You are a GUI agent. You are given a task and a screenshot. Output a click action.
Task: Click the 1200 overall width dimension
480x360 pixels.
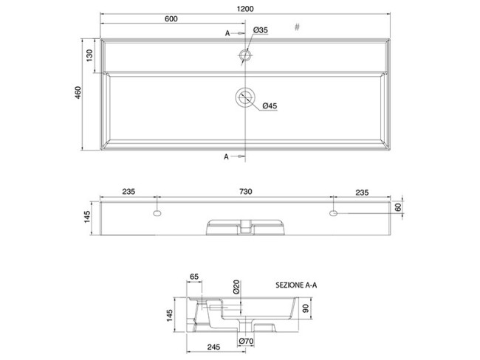pos(246,9)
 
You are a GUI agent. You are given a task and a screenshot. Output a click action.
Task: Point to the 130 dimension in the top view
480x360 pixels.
pos(89,56)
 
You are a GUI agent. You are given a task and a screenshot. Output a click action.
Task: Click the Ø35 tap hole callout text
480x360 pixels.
pos(260,30)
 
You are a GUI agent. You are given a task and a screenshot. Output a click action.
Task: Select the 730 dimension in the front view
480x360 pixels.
pos(245,192)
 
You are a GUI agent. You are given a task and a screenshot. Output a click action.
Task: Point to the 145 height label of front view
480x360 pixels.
pos(87,217)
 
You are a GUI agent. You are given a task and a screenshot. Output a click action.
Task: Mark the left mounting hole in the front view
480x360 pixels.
pos(157,213)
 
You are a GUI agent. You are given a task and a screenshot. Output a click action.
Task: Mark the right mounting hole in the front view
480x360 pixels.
pos(334,213)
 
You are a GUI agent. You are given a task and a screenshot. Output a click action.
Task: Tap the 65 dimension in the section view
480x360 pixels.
pos(195,277)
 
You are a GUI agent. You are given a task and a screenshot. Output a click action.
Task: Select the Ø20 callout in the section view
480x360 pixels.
pos(237,288)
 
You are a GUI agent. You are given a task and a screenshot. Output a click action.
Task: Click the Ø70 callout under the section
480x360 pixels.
pos(247,341)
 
